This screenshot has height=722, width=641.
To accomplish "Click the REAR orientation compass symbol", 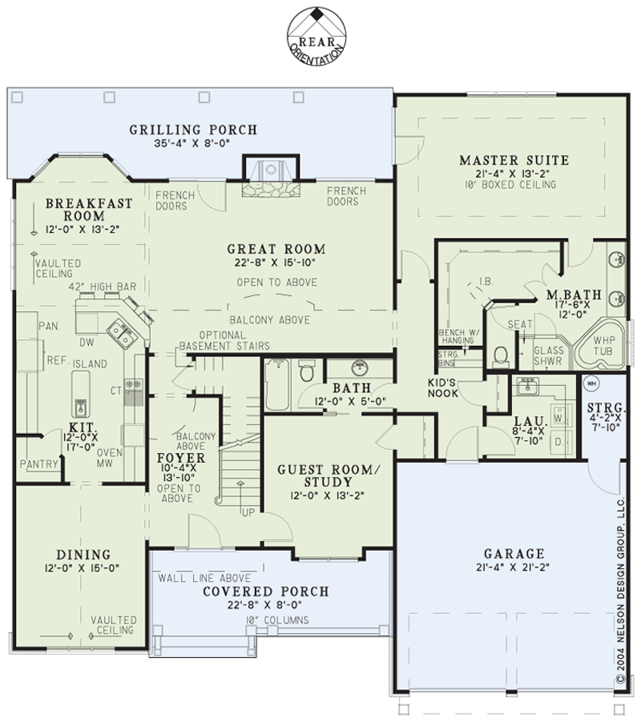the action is [x=317, y=36].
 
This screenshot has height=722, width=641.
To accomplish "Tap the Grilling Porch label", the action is [x=192, y=130].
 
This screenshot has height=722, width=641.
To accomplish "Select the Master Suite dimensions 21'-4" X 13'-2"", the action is [x=513, y=173].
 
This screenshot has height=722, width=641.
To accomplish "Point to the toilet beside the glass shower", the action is [x=501, y=356].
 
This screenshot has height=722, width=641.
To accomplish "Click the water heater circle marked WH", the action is [x=592, y=383].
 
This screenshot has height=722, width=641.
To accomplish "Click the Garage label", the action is [x=514, y=553].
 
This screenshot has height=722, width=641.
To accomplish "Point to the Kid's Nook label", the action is [x=443, y=387].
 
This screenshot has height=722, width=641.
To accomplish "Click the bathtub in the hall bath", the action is [x=278, y=385].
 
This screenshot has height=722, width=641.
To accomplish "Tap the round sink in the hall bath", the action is [x=360, y=368].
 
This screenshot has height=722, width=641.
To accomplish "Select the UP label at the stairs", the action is [x=248, y=512].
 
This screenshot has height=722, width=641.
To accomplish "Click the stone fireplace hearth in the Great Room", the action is [x=271, y=189].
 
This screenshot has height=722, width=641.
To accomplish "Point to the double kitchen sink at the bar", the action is [x=122, y=332].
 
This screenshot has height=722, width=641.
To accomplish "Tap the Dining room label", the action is [x=84, y=555].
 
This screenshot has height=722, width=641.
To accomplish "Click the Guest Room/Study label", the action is [x=328, y=476].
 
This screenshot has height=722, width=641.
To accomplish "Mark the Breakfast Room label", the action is [x=88, y=210].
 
